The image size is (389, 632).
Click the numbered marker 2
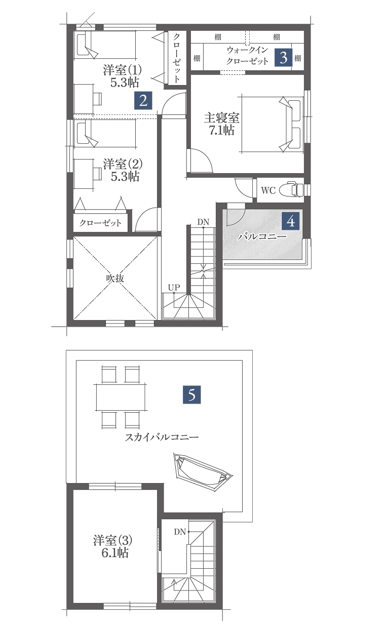[143, 100]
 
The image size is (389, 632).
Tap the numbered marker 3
[284, 58]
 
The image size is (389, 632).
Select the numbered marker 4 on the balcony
[291, 221]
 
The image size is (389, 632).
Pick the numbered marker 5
[191, 394]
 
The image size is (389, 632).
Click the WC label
[268, 190]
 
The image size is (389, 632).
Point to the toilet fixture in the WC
[291, 190]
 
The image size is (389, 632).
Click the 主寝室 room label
[222, 118]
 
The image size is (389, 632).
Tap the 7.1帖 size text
[222, 130]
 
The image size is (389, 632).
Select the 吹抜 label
[115, 278]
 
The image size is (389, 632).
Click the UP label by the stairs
[174, 288]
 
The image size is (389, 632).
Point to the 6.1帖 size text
[115, 553]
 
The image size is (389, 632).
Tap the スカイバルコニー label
[162, 437]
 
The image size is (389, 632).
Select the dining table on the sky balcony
[121, 397]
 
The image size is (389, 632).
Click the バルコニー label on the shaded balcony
[262, 236]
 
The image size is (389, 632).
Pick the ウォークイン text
[247, 50]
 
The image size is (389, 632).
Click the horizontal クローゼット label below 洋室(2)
[100, 223]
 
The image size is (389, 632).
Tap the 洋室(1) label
[122, 70]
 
